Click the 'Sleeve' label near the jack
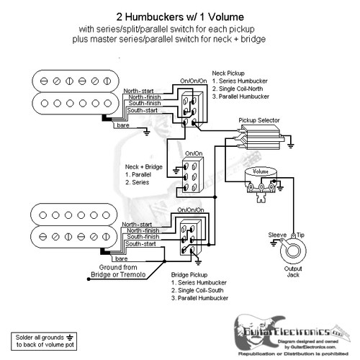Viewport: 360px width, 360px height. (x=277, y=235)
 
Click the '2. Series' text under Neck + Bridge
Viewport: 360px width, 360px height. (x=138, y=182)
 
